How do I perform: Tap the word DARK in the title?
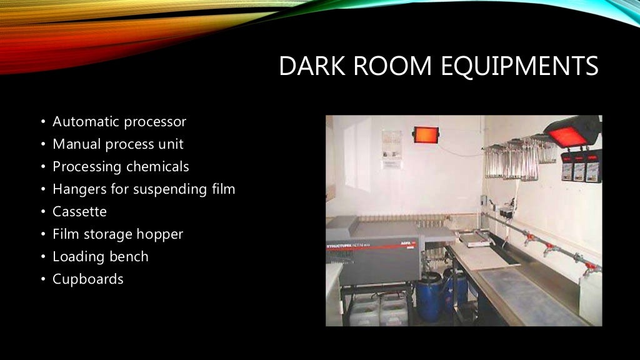pos(306,66)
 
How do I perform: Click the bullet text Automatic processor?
pos(119,122)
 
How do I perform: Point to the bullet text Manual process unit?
pos(117,144)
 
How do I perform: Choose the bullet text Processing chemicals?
pos(121,167)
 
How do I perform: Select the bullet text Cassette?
pos(79,211)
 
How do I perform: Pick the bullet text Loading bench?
pos(100,256)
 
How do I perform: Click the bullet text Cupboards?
pos(87,279)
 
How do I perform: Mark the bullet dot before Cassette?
pos(43,212)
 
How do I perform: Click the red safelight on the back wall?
pos(426,134)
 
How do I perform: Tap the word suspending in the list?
pos(172,189)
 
